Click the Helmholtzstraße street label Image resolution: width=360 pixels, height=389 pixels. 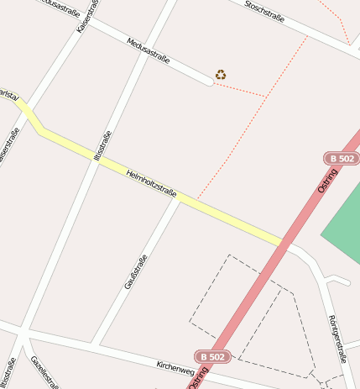coord(151,184)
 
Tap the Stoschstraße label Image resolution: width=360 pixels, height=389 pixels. coord(263,12)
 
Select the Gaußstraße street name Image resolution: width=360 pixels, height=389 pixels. coord(135,271)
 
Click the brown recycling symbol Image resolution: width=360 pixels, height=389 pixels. coord(221,75)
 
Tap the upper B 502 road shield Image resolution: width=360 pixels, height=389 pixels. coord(341,158)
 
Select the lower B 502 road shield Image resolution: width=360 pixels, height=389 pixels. coord(211,356)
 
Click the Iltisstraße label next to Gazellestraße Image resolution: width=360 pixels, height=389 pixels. coord(8,373)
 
